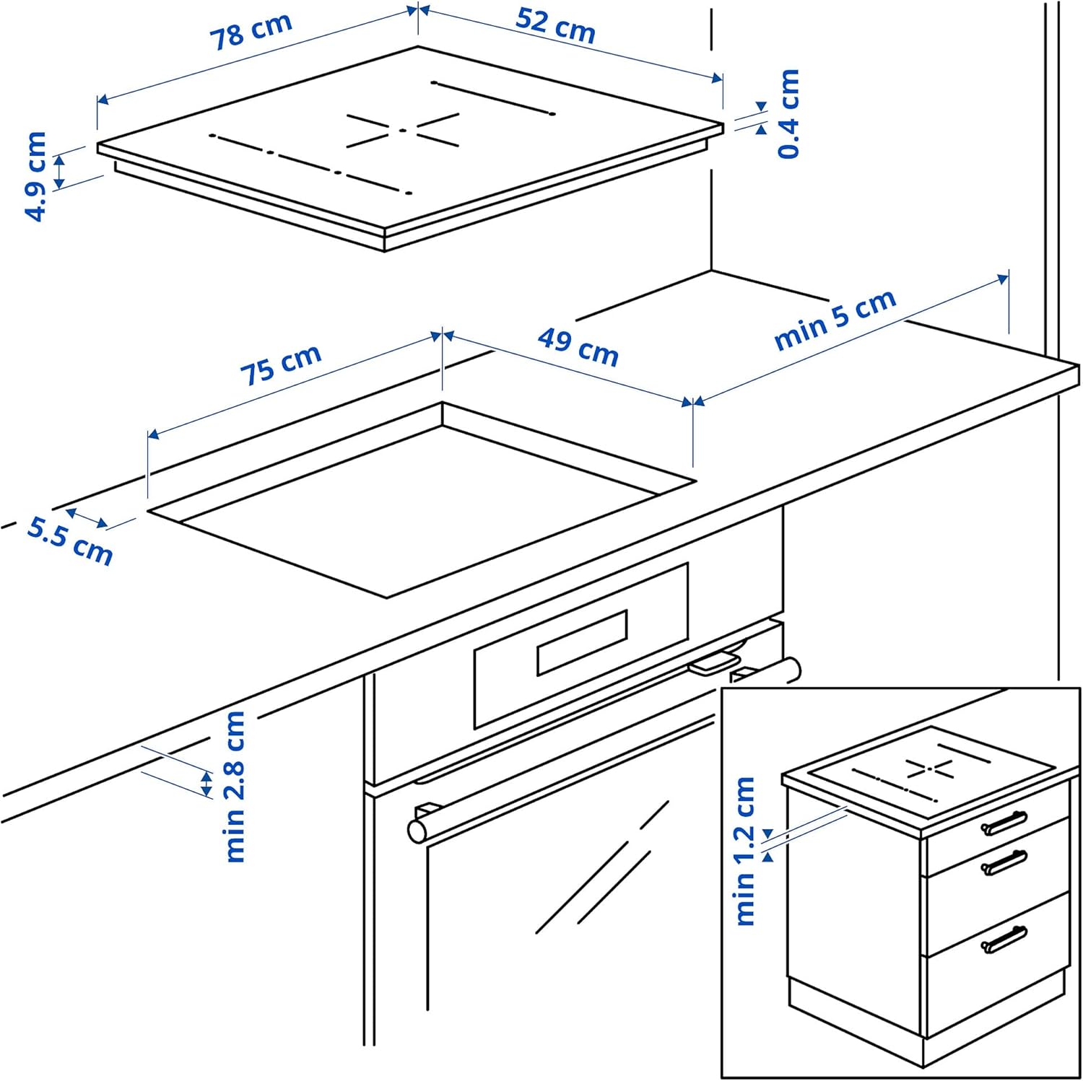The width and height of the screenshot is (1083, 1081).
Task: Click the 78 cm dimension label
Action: coord(251,32)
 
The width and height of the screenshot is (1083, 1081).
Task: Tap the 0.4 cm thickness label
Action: coord(789,113)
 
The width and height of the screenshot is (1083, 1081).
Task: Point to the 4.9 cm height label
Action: coord(35,176)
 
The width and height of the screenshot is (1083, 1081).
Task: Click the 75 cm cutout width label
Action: coord(280,364)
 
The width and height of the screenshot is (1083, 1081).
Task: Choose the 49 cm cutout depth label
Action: coord(578,347)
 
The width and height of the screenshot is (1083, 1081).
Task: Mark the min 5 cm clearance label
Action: coord(835,320)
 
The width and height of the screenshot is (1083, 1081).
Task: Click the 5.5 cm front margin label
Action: coord(70,540)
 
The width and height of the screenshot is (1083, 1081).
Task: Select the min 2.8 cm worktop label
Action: coord(235,786)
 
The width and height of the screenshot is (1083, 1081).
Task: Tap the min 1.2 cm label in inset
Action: coord(744,852)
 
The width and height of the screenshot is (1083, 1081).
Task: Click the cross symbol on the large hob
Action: coord(402,131)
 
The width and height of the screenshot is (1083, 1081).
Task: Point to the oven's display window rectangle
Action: coord(582,642)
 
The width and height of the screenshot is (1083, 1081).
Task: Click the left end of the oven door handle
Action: coord(417,831)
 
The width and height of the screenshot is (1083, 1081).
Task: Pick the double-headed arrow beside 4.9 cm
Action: coord(60,171)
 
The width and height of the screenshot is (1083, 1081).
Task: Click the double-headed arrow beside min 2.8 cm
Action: coord(207,784)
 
